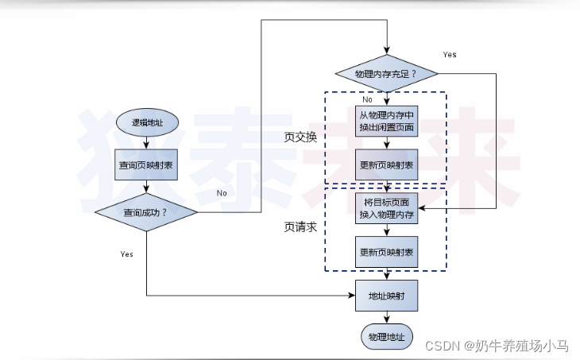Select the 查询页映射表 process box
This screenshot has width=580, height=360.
(x=146, y=165)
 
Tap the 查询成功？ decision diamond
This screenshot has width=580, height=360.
(x=146, y=212)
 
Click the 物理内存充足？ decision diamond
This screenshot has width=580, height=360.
(x=386, y=74)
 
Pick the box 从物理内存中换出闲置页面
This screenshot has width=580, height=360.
(x=386, y=122)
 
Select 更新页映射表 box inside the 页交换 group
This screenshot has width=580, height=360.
(x=386, y=165)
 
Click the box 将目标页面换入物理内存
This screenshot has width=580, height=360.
(x=386, y=208)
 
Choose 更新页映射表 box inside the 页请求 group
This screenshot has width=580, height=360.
(x=386, y=253)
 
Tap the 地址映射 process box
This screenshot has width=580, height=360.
(x=386, y=296)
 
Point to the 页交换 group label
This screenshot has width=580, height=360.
(x=300, y=137)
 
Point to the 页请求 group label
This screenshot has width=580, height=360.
(x=300, y=226)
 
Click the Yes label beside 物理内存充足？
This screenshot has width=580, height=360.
(x=450, y=55)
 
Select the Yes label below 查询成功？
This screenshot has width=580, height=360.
(x=126, y=254)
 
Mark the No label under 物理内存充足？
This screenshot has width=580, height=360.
(x=368, y=100)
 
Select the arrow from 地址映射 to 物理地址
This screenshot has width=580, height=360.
(x=386, y=316)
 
